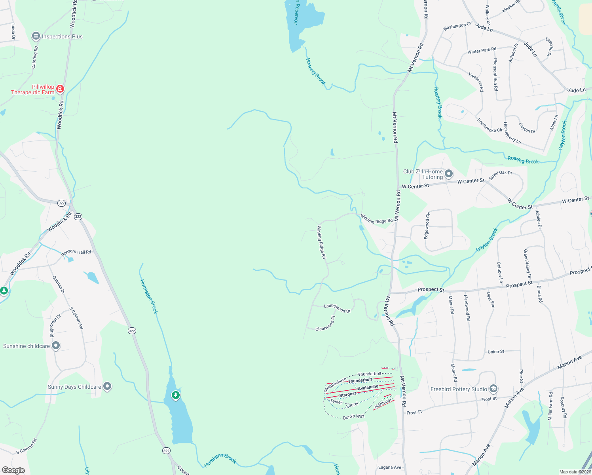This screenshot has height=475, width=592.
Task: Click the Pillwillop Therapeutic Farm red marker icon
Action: pyautogui.click(x=60, y=89)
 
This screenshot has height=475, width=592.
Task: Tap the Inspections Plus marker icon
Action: pyautogui.click(x=36, y=36)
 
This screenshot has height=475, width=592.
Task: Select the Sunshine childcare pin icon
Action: pyautogui.click(x=56, y=346)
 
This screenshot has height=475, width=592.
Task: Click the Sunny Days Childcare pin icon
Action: pyautogui.click(x=107, y=386)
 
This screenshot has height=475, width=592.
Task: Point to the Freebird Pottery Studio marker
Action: pyautogui.click(x=493, y=389)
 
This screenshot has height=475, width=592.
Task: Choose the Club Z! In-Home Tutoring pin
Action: pyautogui.click(x=449, y=174)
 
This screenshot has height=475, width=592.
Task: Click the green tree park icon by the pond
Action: pyautogui.click(x=175, y=395)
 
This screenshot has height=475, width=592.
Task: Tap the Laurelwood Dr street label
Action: pyautogui.click(x=337, y=308)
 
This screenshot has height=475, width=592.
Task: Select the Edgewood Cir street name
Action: pyautogui.click(x=427, y=226)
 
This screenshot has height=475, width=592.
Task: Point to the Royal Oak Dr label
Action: pyautogui.click(x=501, y=175)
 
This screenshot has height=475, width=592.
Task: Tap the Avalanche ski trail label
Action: pyautogui.click(x=368, y=388)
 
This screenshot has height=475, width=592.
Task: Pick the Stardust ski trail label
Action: pyautogui.click(x=348, y=394)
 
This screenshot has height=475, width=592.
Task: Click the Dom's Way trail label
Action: pyautogui.click(x=353, y=416)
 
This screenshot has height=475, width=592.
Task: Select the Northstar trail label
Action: pyautogui.click(x=383, y=403)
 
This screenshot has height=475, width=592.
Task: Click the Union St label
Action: pyautogui.click(x=496, y=351)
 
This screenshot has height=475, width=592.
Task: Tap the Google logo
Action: pyautogui.click(x=13, y=470)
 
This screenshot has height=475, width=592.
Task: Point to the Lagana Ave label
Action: pyautogui.click(x=390, y=467)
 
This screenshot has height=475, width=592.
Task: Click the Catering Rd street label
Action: pyautogui.click(x=34, y=57)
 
